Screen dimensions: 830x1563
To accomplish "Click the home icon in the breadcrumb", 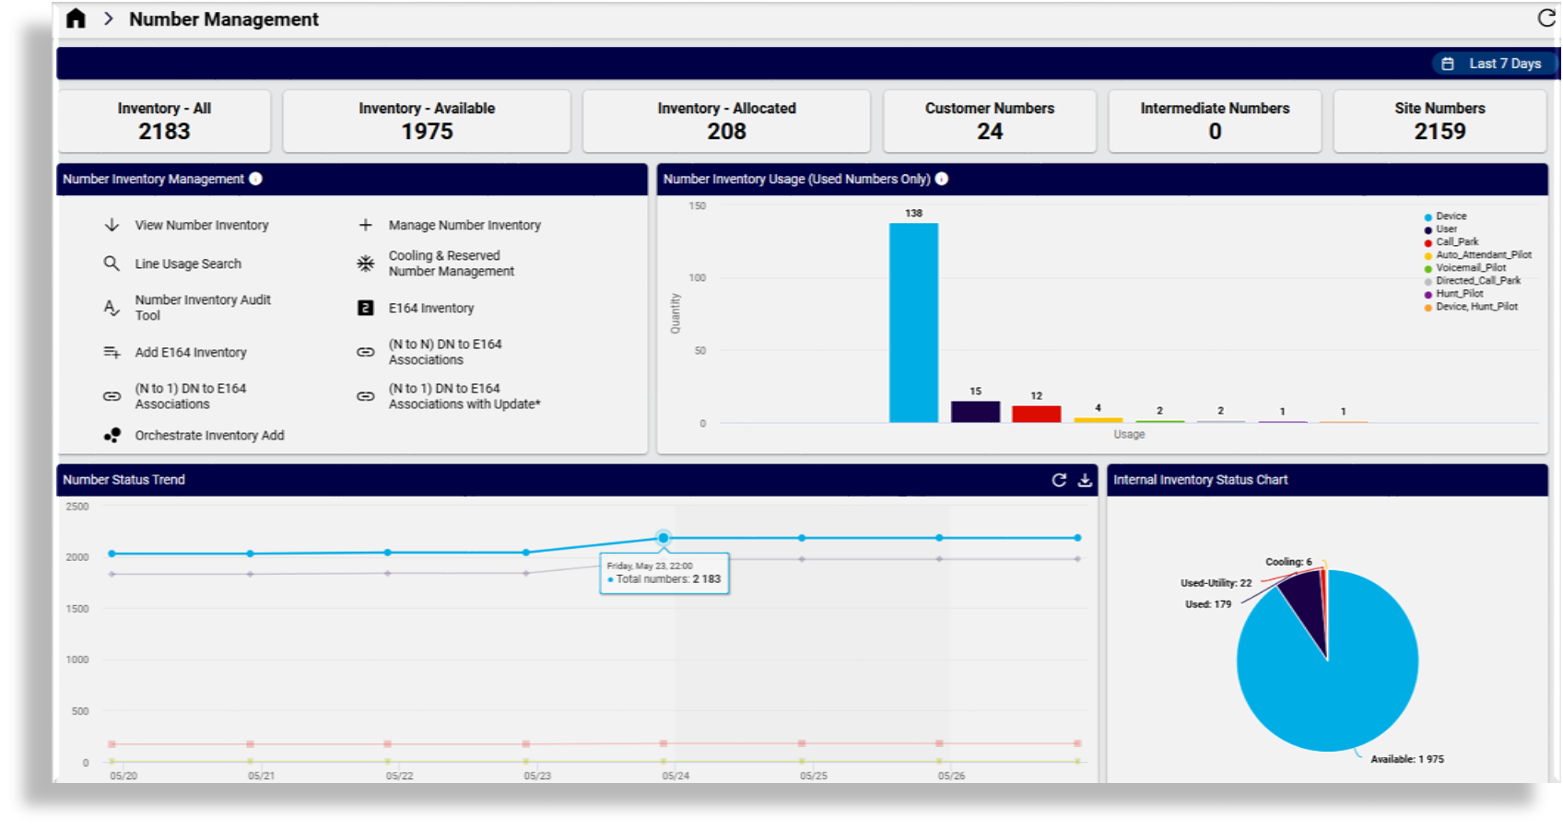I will click(76, 18).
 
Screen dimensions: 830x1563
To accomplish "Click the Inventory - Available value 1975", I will click(427, 132).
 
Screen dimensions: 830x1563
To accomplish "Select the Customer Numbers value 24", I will click(989, 132).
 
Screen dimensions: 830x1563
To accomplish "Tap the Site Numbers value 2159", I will click(1440, 132).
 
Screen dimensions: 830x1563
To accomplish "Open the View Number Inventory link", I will click(201, 225).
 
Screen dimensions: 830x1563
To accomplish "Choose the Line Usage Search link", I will click(188, 263).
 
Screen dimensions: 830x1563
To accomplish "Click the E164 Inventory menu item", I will click(430, 308).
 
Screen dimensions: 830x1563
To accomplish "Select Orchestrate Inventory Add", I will click(209, 435).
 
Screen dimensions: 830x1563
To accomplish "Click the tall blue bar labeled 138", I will click(913, 322).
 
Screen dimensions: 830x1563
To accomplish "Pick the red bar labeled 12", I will click(1036, 414).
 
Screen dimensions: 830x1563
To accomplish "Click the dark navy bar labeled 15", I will click(975, 411).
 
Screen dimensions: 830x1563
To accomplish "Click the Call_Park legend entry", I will click(1456, 242).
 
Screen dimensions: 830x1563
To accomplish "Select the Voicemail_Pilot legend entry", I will click(1470, 268).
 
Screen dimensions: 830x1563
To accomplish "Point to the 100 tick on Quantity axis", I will click(698, 277).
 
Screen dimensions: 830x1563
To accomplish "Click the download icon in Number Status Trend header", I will click(1085, 480).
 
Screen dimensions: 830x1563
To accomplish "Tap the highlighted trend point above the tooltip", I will click(664, 537).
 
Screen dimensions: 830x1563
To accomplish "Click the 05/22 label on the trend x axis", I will click(399, 776).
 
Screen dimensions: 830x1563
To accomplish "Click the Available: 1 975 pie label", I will click(1406, 759).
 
